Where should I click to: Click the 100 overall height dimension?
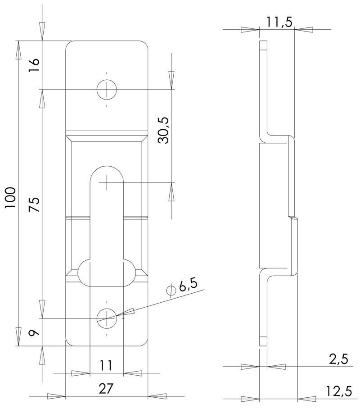tap(11, 197)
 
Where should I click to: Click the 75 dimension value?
tap(35, 205)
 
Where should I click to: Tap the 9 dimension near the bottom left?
tap(35, 333)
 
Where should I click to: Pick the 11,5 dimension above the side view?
tap(277, 21)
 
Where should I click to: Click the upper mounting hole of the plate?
tap(107, 90)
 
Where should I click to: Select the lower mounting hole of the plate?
tap(107, 318)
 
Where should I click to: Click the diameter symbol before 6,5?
tap(171, 291)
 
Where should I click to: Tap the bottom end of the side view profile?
tap(263, 342)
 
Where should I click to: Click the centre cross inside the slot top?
tap(107, 182)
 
